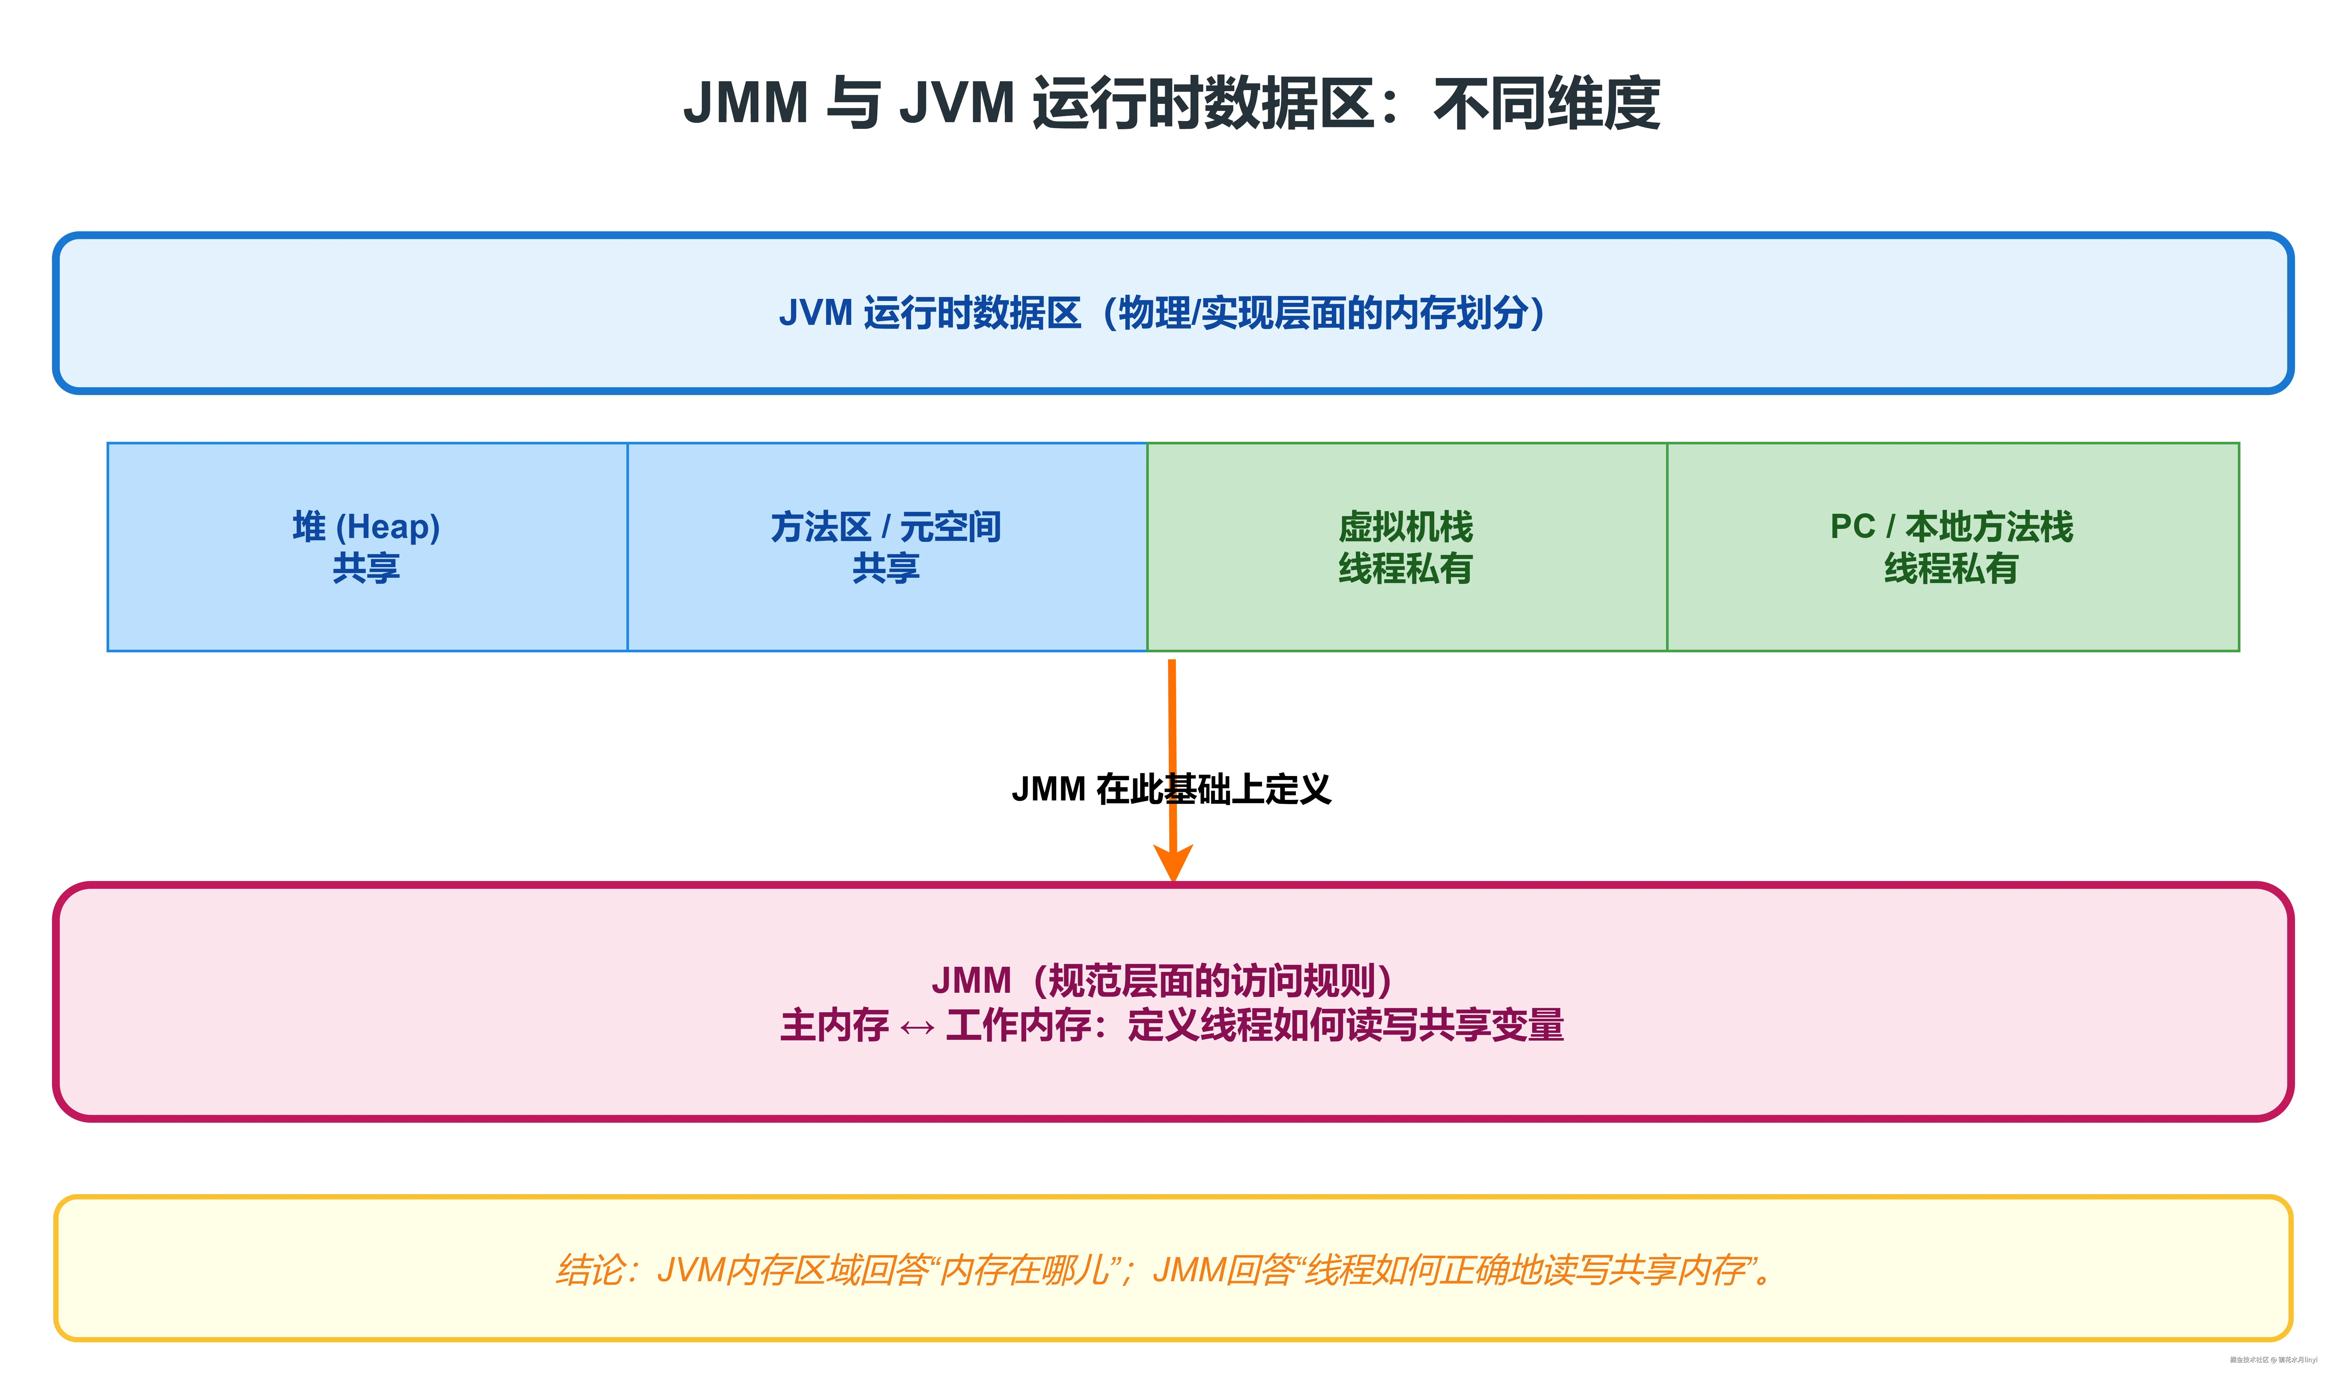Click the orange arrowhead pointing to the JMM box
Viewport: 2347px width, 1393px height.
point(1172,862)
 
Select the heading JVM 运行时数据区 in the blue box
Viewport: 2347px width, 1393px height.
point(929,313)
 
